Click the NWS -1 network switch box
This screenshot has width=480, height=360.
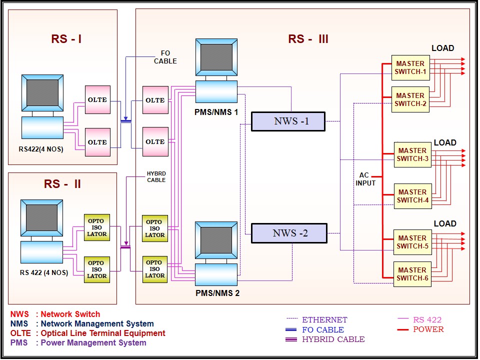click(x=288, y=121)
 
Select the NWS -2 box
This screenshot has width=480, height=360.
click(x=289, y=233)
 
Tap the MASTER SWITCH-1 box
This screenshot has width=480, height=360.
click(x=410, y=68)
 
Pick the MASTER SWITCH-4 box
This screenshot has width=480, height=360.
click(x=412, y=196)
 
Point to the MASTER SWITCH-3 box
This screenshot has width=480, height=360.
click(x=412, y=154)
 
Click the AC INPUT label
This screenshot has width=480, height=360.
click(x=365, y=179)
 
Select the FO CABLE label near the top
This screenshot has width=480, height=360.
click(x=165, y=57)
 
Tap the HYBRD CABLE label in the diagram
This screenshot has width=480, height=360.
click(x=156, y=177)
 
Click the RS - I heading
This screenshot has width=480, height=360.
click(x=66, y=39)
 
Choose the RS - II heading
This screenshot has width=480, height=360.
click(x=62, y=184)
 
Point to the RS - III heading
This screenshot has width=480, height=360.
click(x=308, y=39)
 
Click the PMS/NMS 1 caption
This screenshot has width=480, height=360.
click(x=216, y=112)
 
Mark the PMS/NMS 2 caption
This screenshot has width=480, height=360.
click(x=217, y=293)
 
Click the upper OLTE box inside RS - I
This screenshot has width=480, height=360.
click(x=97, y=100)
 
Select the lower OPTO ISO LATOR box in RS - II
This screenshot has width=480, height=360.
click(x=97, y=269)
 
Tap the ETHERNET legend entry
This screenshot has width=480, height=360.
click(x=324, y=320)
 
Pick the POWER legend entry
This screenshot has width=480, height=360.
click(x=428, y=329)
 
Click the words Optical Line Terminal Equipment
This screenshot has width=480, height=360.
click(x=103, y=333)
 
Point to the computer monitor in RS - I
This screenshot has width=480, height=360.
click(x=42, y=92)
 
